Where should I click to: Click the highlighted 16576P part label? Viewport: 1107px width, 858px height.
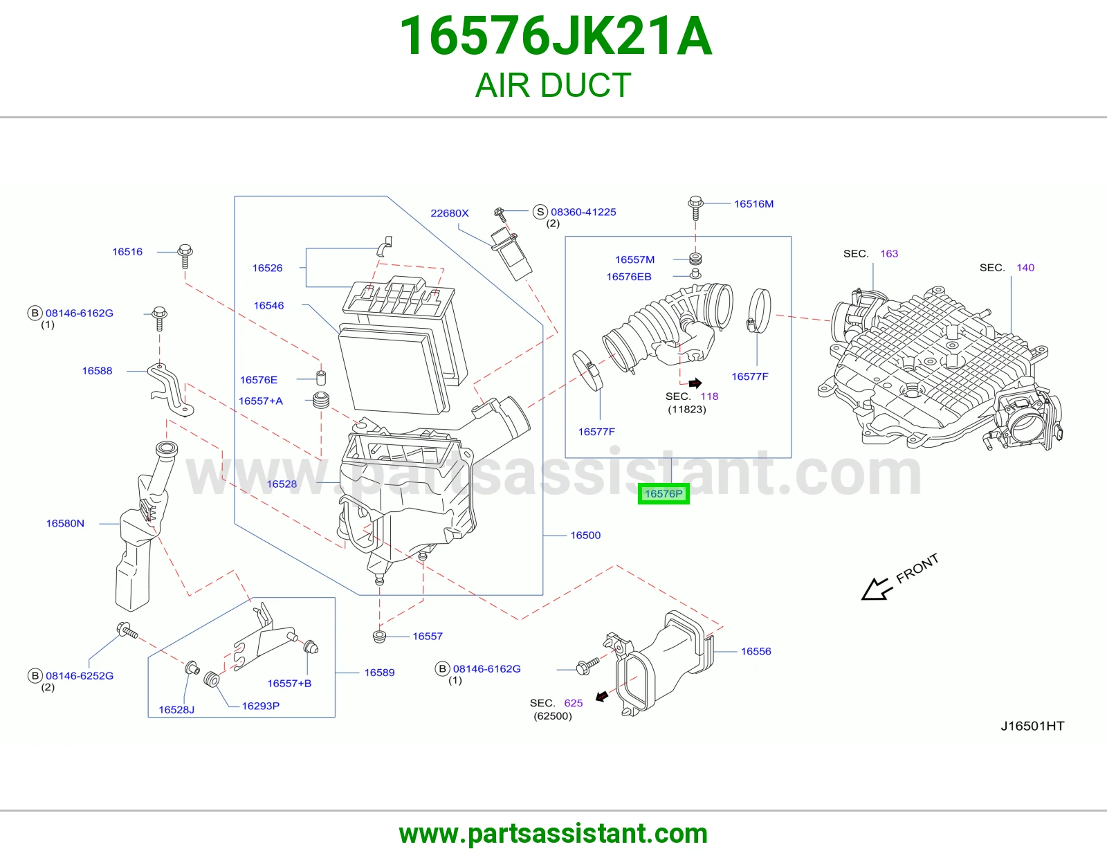(664, 494)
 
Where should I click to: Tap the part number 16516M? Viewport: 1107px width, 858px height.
(753, 204)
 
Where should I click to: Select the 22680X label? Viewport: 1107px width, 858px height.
(449, 213)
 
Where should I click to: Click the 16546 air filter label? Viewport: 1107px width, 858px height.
(268, 305)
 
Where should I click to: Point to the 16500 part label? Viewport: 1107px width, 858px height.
(585, 535)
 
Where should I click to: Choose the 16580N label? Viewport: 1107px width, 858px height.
(65, 523)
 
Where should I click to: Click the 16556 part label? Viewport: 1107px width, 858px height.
(756, 651)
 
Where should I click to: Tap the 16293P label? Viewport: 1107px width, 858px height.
(260, 706)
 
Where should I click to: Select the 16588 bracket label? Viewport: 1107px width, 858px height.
(97, 371)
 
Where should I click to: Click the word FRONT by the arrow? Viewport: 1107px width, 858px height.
(917, 568)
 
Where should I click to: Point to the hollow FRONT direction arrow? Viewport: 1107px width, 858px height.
(877, 590)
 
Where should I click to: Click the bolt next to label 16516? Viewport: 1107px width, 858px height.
(185, 256)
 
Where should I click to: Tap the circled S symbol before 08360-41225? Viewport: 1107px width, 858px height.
(540, 212)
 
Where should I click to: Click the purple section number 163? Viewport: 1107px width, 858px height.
(889, 254)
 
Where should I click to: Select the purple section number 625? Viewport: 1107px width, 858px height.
(573, 703)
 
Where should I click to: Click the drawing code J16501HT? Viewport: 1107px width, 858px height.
(1032, 726)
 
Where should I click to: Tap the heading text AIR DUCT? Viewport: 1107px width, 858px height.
(553, 85)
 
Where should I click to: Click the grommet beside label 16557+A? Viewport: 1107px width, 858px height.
(320, 400)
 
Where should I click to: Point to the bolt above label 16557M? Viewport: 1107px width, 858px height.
(695, 208)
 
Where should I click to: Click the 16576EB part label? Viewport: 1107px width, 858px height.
(629, 277)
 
